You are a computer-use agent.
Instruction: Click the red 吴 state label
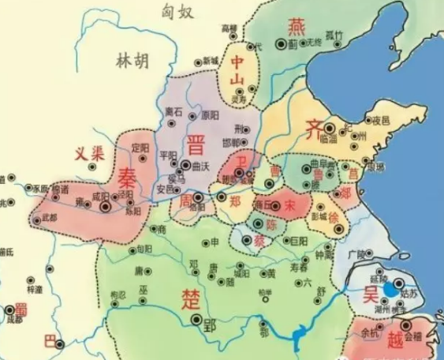[370, 294]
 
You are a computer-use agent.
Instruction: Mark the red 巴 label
[50, 341]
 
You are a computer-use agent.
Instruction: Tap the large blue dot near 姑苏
[391, 290]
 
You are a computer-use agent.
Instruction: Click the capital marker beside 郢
[196, 320]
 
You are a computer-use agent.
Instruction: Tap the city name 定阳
[140, 148]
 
